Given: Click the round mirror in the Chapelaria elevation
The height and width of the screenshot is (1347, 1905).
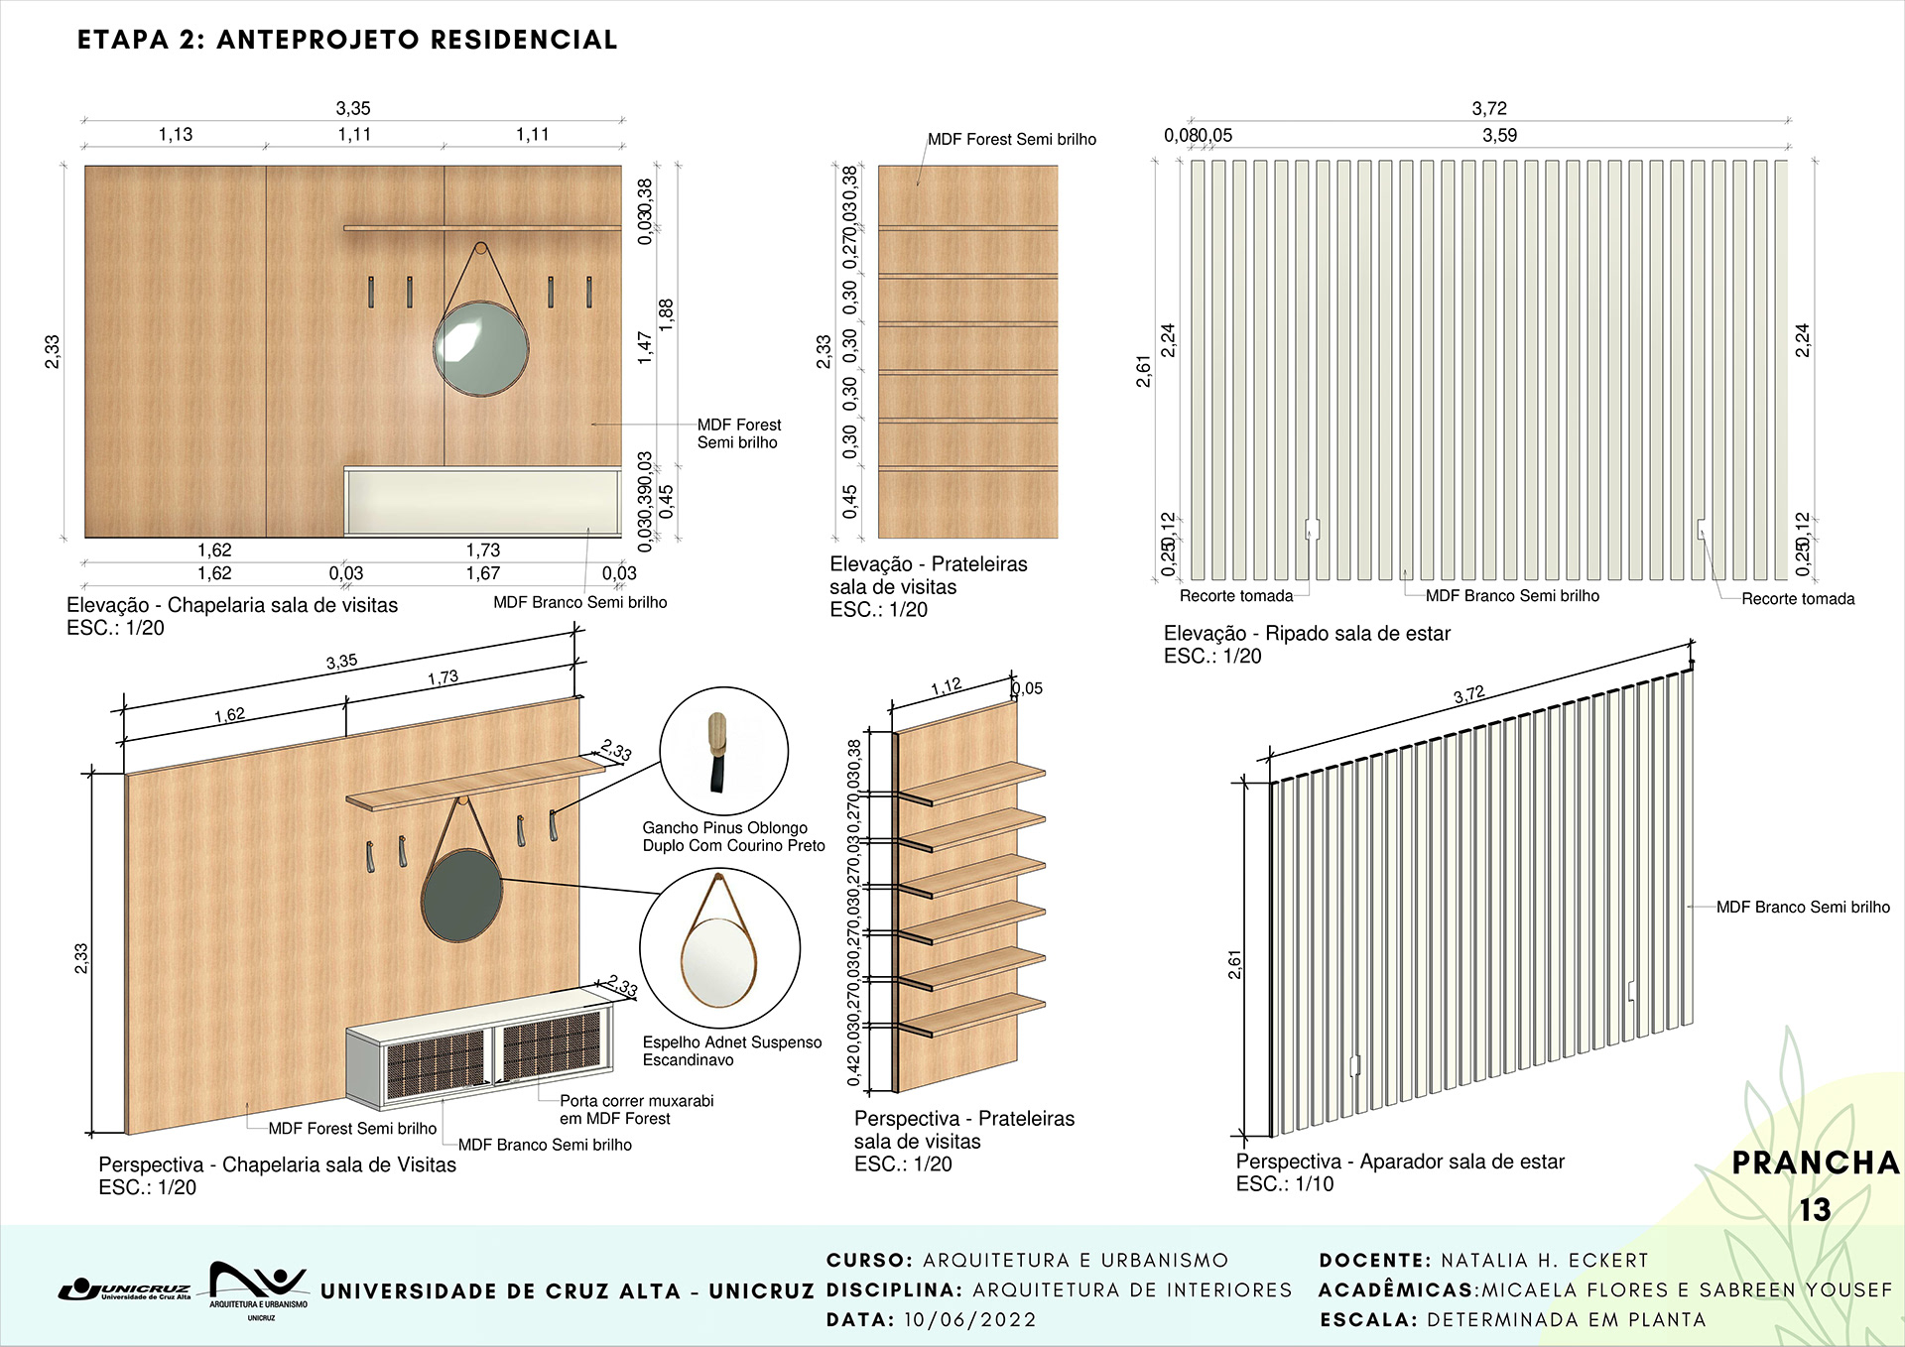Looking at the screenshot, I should click(481, 348).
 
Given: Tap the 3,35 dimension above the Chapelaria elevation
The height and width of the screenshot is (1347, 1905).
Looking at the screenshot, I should click(353, 108).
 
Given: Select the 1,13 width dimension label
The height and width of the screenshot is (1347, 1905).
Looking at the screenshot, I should click(176, 134).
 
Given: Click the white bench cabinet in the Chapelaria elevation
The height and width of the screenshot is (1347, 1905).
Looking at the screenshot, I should click(482, 501).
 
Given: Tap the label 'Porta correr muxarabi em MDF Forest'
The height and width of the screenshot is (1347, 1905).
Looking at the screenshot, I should click(635, 1109).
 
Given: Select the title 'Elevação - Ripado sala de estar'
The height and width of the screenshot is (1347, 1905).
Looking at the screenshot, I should click(1306, 633).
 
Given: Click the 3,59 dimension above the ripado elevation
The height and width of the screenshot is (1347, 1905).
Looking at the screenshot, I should click(1499, 135).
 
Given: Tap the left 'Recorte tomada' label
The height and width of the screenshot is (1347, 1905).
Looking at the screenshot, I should click(1235, 596).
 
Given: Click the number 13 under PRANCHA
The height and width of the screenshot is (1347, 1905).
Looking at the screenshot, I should click(1815, 1209).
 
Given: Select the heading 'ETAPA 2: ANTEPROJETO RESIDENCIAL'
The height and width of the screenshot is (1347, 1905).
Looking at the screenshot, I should click(347, 40).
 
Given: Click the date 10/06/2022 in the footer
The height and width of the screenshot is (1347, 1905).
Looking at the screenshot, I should click(969, 1319).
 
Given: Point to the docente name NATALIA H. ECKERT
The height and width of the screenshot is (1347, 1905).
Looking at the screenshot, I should click(1544, 1260).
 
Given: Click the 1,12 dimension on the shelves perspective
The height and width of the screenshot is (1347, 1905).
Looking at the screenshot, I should click(946, 686).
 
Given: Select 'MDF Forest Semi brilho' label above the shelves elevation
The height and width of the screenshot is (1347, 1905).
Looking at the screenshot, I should click(1011, 140).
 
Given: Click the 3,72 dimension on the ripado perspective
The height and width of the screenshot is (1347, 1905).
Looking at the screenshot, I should click(1468, 694).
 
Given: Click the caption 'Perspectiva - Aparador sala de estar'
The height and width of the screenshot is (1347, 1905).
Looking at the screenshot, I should click(1399, 1161).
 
